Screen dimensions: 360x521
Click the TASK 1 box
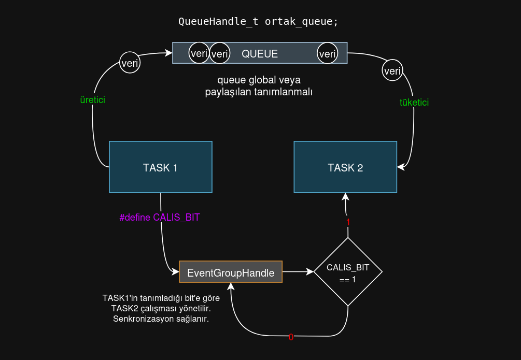160,167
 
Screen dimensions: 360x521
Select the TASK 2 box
345,167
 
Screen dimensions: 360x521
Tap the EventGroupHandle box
231,272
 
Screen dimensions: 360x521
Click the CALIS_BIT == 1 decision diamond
348,272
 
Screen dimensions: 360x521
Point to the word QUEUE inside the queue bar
260,53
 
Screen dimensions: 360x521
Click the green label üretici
93,100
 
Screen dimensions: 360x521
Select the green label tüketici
414,103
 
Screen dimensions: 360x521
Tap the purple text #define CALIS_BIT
160,218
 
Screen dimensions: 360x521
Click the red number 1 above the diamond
348,222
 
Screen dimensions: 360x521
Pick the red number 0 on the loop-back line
291,337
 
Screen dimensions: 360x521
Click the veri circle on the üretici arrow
130,63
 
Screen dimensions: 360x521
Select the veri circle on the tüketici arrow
392,70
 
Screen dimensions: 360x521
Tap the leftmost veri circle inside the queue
199,53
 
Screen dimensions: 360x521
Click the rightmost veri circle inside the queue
328,53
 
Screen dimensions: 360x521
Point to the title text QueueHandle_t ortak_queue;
258,22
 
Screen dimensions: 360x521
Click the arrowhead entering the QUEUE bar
168,52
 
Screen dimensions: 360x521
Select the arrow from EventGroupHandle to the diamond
298,271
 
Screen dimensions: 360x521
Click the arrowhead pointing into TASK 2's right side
401,167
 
